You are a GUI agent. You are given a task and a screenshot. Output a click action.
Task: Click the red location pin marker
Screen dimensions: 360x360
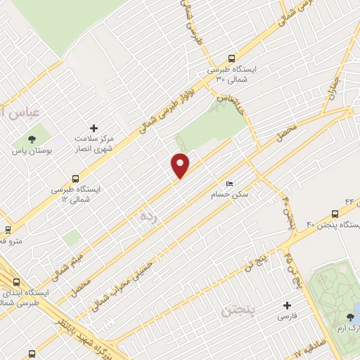click(x=181, y=165)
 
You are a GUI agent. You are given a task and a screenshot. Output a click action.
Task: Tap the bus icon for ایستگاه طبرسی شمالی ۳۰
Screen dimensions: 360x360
click(x=232, y=58)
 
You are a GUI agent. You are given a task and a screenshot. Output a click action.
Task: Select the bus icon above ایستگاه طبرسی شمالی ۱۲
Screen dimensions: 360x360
click(x=76, y=179)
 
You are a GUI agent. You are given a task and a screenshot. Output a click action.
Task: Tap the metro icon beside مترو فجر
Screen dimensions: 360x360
click(x=8, y=229)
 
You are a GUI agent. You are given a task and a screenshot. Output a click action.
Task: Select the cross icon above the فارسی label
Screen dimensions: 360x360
click(x=287, y=305)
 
